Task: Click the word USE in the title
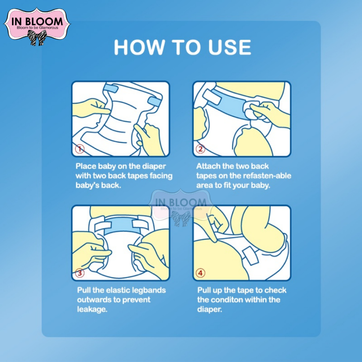tap(229, 47)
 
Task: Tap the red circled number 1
tap(80, 149)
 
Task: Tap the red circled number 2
tap(200, 149)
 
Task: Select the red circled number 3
tap(80, 273)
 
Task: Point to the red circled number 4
tap(200, 273)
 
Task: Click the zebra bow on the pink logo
tap(37, 37)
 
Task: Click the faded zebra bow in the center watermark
tap(181, 218)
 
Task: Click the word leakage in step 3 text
tap(92, 309)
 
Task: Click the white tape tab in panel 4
tap(250, 256)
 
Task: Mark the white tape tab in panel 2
tap(212, 97)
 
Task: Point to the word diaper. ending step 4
tap(210, 309)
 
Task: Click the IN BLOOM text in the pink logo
tap(37, 22)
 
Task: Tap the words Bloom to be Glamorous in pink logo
tap(37, 28)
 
